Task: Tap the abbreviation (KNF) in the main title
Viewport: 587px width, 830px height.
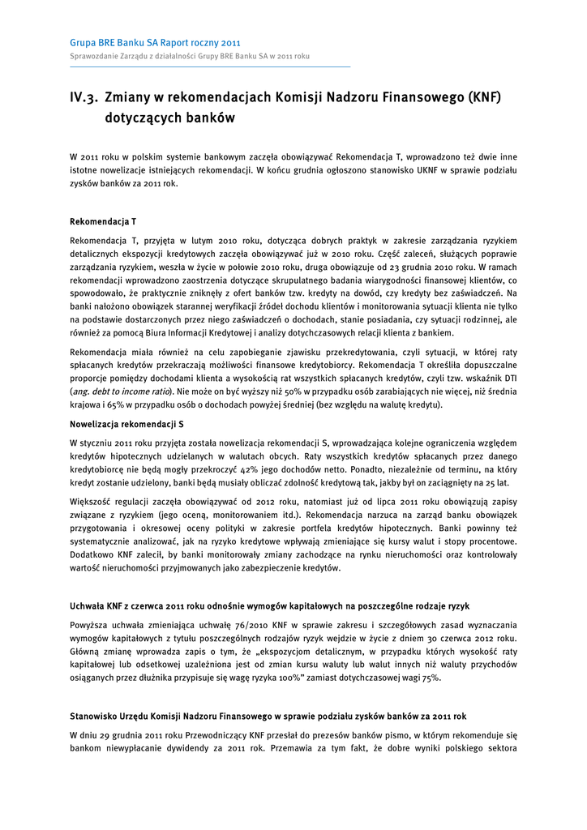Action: (485, 98)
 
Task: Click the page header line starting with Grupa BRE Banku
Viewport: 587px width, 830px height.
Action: (155, 42)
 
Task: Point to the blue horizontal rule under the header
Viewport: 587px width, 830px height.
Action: (210, 66)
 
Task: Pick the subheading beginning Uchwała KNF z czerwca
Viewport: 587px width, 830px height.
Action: (269, 605)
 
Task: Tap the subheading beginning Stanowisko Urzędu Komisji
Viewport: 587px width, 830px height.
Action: (268, 716)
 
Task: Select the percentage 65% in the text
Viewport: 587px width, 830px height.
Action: (114, 404)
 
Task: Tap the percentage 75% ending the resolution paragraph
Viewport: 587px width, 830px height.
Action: (431, 677)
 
